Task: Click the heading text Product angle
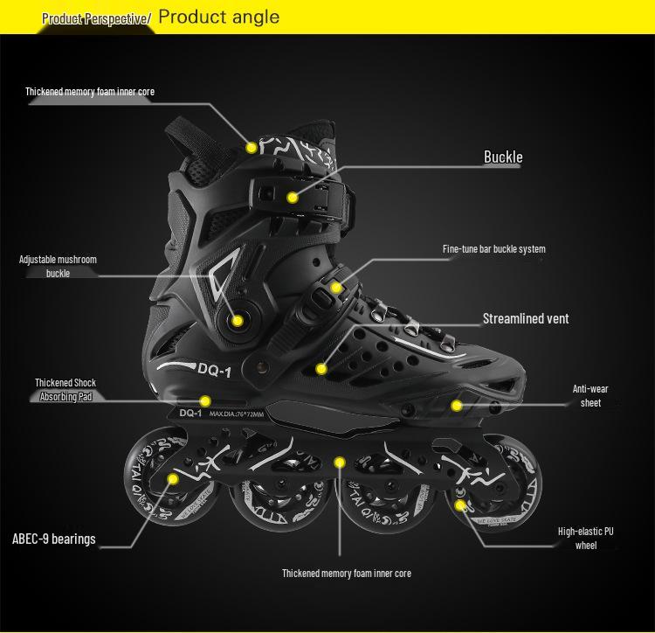(219, 17)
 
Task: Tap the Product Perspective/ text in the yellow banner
(96, 18)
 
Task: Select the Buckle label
(503, 157)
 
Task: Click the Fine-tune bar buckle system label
(493, 249)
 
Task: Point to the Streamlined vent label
(526, 319)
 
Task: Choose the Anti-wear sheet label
(590, 395)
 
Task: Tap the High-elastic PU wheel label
(585, 539)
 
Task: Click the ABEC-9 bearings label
(54, 539)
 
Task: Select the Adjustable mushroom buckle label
(58, 267)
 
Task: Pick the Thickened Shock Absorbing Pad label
(65, 390)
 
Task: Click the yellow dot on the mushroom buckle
(237, 321)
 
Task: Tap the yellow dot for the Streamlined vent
(321, 370)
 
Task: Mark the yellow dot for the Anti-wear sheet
(457, 405)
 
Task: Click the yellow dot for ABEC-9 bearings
(173, 479)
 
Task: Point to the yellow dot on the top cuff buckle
(293, 198)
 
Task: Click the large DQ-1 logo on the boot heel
(213, 370)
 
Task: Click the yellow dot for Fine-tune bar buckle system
(336, 287)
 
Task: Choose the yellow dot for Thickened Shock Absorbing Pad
(205, 401)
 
